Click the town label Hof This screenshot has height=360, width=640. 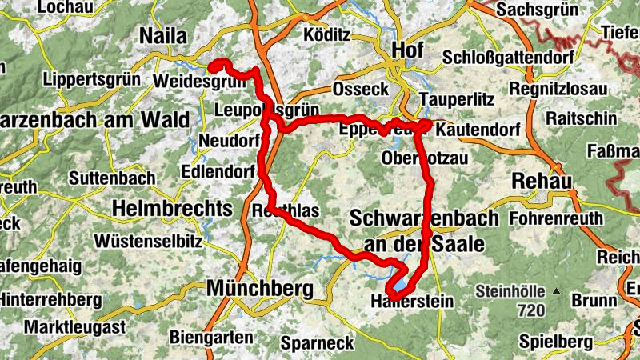point(408,50)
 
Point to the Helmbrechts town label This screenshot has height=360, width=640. point(174,208)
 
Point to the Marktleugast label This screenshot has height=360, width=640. point(74,327)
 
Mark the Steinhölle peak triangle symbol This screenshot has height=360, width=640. point(554,292)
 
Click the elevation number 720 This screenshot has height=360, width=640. point(530,310)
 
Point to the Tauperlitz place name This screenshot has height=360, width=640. point(457,99)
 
